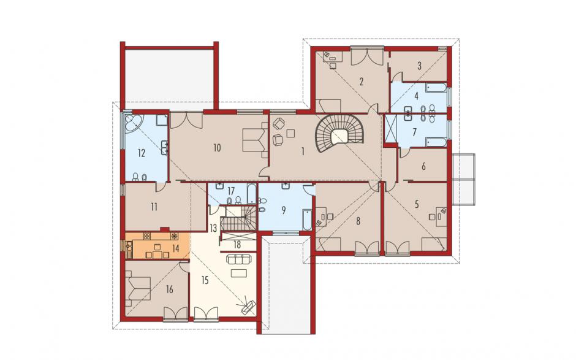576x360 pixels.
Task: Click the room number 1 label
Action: pos(303,151)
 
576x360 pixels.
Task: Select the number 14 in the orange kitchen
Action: pos(176,248)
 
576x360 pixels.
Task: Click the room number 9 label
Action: pos(283,210)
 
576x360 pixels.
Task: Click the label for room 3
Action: pos(419,66)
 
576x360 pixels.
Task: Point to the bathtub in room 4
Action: pos(436,88)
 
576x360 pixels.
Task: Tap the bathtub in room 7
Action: pos(436,142)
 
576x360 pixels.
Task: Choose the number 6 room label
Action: pos(423,167)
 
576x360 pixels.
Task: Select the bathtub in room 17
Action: pos(252,193)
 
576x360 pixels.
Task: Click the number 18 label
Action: pos(237,245)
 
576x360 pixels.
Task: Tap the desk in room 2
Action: pos(333,56)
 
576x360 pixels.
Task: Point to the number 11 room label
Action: pos(154,207)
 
